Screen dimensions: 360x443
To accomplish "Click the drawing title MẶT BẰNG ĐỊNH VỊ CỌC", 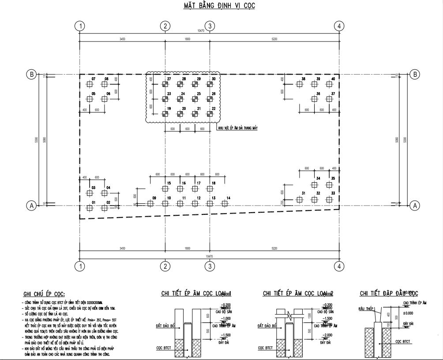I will pos(219,6).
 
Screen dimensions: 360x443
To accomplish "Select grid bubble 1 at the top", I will pos(80,26).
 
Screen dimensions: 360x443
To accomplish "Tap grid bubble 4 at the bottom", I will pos(339,266).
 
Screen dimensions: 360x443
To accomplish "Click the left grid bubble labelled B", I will pos(31,74).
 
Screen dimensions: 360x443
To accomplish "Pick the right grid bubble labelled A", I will pos(414,205).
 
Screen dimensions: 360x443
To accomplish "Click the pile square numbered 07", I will pos(90,84).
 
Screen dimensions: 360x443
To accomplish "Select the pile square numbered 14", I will pos(225,203).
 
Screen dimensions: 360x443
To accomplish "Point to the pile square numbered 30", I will pos(210,84).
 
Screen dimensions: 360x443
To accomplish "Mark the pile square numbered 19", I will pos(165,114).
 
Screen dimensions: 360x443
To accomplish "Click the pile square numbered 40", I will pos(329,84).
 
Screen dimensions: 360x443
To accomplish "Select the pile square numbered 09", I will pos(150,203).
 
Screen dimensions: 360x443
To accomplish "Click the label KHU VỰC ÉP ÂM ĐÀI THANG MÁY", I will pos(238,128).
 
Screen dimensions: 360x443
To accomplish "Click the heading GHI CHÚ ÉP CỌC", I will pos(44,294).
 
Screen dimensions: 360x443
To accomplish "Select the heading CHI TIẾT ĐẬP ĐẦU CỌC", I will pos(389,293).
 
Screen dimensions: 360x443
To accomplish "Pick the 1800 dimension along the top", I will pos(188,40).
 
